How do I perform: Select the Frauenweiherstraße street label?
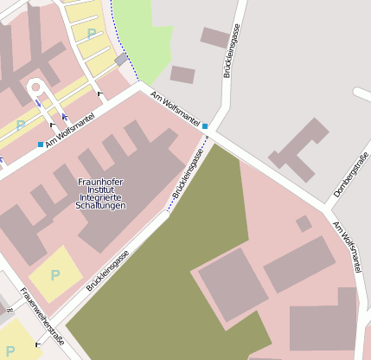[42, 317]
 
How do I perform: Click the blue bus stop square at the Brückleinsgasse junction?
[205, 126]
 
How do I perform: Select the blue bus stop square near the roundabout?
[41, 144]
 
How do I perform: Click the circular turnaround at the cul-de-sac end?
[35, 87]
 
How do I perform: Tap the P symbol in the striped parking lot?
[91, 33]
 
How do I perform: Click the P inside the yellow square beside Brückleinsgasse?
[55, 275]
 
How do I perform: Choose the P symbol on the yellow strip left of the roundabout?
[21, 125]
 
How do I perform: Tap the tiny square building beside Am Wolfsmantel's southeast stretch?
[304, 223]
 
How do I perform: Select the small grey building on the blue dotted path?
[122, 60]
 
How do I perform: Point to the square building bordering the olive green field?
[233, 284]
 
